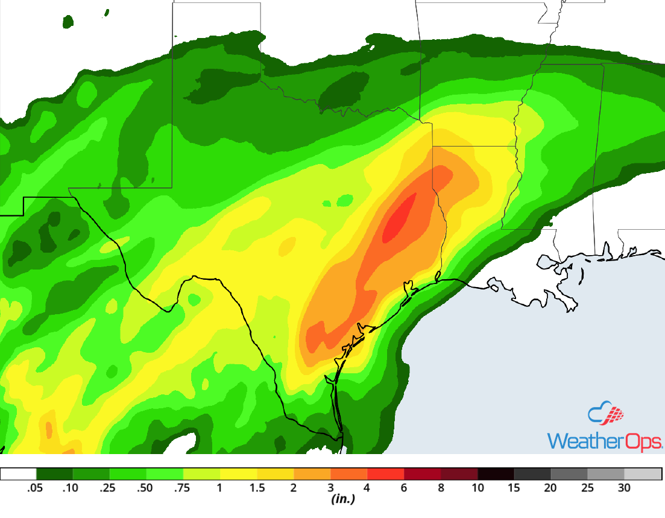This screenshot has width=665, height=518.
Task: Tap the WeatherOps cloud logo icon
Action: click(x=605, y=414)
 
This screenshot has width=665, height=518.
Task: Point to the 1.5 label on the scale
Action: click(x=257, y=488)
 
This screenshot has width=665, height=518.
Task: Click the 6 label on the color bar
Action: click(x=404, y=488)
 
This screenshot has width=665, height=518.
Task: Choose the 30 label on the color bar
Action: click(x=624, y=488)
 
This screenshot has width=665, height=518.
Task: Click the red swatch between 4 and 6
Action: click(x=386, y=474)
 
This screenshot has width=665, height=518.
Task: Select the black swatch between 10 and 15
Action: click(x=496, y=474)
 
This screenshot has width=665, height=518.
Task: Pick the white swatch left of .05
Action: click(x=19, y=474)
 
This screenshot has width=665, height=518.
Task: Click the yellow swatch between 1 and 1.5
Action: click(x=238, y=474)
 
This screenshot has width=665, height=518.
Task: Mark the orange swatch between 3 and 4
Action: click(x=349, y=474)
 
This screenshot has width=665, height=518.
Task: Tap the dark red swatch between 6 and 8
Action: click(x=423, y=474)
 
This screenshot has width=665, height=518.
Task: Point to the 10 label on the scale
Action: click(x=477, y=488)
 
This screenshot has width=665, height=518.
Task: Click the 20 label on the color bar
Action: click(x=550, y=488)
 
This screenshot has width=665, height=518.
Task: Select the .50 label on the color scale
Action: click(x=147, y=488)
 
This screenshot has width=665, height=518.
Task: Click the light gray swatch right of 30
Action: click(x=643, y=474)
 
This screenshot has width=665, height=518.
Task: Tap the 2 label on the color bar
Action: click(x=294, y=488)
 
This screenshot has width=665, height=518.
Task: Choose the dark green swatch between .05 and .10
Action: click(x=55, y=474)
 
